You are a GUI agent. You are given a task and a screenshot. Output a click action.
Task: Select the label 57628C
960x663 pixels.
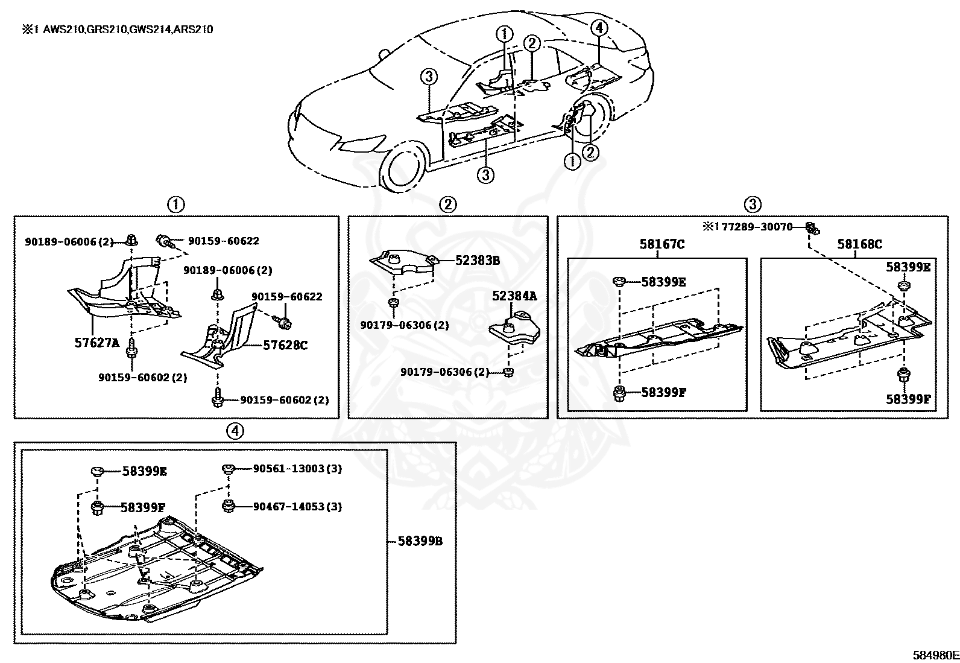click(285, 345)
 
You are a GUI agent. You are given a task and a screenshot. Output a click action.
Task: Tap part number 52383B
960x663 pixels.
click(478, 261)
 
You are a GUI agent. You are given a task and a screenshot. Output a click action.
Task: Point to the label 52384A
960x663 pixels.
click(514, 296)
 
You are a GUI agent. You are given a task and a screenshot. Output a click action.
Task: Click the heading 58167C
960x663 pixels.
click(662, 244)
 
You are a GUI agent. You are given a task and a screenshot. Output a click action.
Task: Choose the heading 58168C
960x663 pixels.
click(859, 244)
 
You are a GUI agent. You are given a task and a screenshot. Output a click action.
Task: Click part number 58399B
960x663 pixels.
click(420, 541)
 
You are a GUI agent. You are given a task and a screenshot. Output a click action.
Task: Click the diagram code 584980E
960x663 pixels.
click(935, 655)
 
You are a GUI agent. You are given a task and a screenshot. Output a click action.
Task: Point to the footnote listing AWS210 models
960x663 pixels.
click(118, 29)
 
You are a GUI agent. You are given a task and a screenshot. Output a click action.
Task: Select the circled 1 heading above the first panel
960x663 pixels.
click(175, 205)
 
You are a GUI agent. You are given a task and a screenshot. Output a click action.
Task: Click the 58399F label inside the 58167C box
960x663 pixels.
click(663, 393)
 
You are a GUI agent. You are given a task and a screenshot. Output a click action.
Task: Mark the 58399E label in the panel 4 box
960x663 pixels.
click(145, 471)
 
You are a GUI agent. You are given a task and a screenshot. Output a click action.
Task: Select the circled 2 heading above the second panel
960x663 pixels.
click(447, 205)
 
